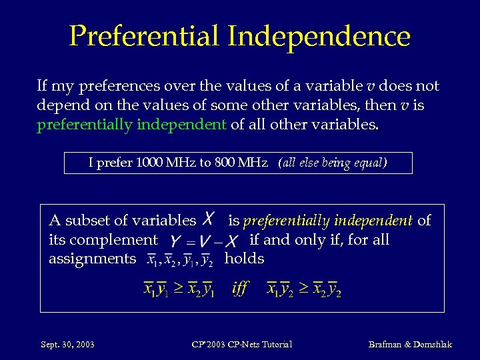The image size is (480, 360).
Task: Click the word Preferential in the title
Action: (x=144, y=36)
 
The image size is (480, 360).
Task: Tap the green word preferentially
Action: (x=85, y=124)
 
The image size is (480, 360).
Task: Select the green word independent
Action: (x=181, y=124)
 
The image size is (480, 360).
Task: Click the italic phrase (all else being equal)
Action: (x=333, y=163)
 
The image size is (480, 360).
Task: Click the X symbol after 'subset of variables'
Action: (x=209, y=219)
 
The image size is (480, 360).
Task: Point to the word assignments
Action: (x=92, y=259)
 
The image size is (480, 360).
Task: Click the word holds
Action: (x=245, y=258)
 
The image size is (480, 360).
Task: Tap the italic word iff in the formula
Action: (x=240, y=288)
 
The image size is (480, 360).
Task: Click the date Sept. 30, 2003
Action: (x=67, y=345)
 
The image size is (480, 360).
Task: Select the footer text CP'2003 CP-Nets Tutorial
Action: (x=241, y=345)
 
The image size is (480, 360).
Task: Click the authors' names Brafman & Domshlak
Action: (x=410, y=345)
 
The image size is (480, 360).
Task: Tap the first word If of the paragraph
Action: (x=42, y=86)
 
